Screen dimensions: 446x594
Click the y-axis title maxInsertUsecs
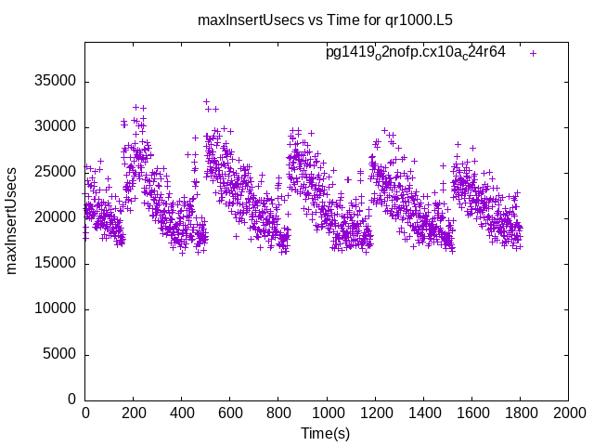(x=13, y=220)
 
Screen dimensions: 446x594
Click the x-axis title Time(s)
(x=325, y=433)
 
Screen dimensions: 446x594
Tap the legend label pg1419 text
(x=415, y=53)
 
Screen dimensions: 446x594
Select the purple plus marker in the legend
(x=533, y=53)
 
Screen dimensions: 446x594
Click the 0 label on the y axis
(x=71, y=400)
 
